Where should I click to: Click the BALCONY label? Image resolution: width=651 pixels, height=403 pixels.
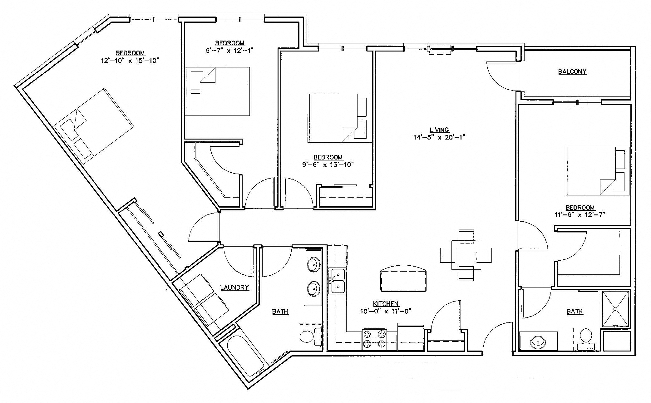pos(572,71)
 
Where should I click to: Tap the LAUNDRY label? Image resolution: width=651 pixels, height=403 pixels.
pos(234,287)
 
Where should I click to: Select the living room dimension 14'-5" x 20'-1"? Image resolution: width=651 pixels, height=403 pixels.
pos(439,137)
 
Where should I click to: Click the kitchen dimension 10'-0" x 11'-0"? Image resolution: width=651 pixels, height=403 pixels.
pos(386,311)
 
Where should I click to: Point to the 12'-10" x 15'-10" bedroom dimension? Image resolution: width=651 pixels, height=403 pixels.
pos(130,60)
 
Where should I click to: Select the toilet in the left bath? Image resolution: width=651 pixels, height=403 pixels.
pos(309,337)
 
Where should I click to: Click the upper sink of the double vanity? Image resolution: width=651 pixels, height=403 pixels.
pos(313,265)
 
